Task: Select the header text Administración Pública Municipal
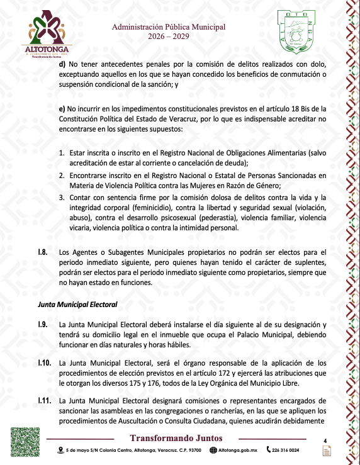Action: point(168,27)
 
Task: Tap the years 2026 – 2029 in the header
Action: point(168,37)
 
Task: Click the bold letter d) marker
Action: point(62,64)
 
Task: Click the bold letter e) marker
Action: point(62,108)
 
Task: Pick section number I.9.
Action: point(43,324)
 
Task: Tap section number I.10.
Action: point(44,363)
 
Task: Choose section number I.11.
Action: point(44,400)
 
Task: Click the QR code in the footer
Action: point(26,442)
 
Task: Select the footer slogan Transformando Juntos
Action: point(176,438)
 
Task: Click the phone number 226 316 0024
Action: point(286,451)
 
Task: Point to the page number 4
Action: point(325,440)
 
